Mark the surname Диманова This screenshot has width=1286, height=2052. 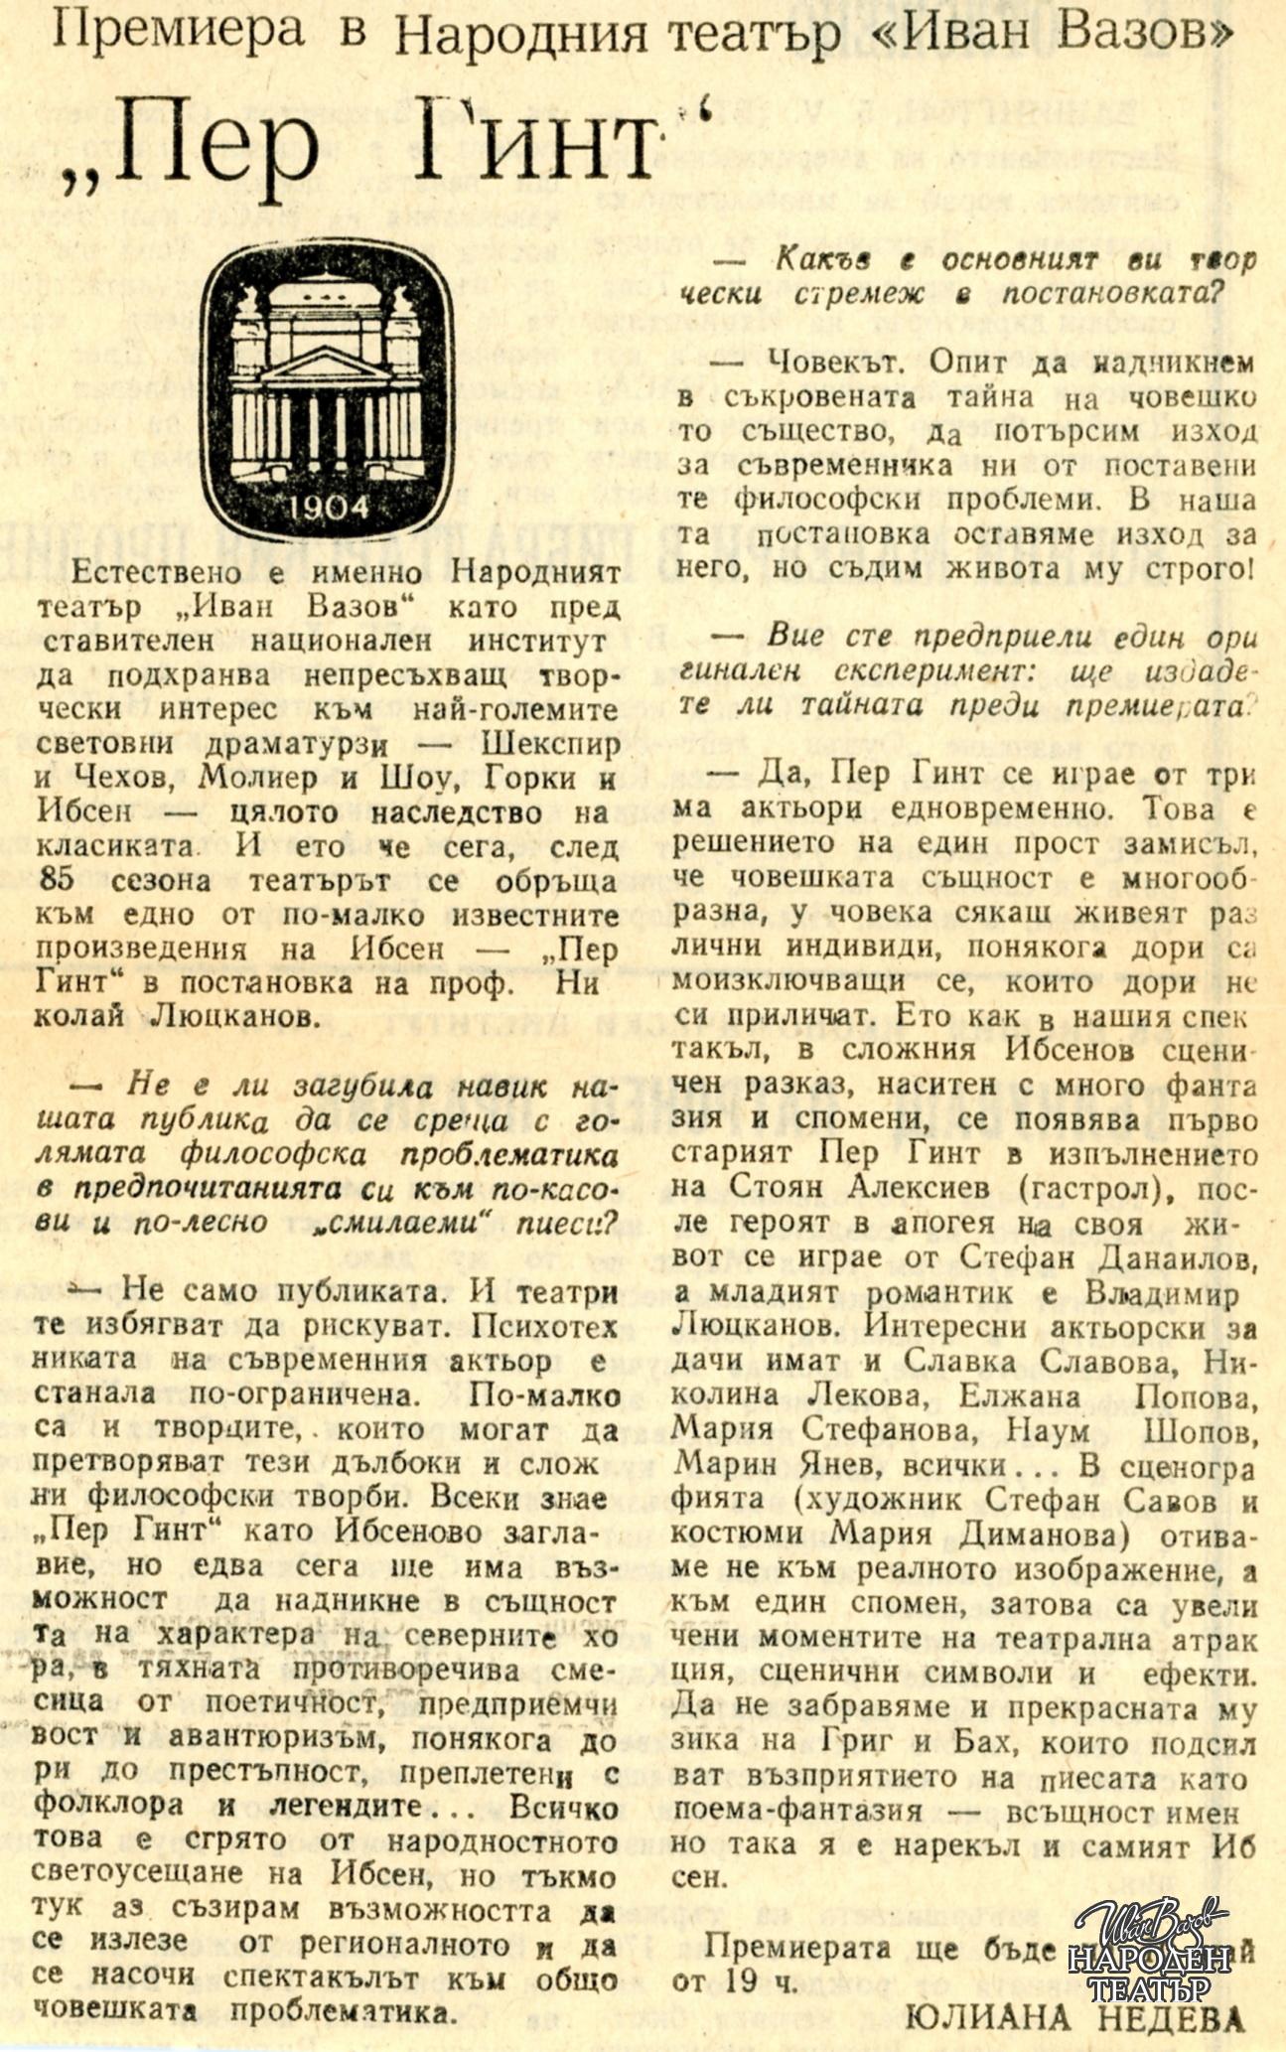(x=1048, y=1535)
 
